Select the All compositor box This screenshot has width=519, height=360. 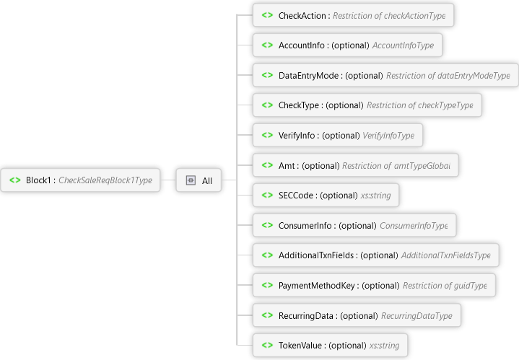tap(199, 180)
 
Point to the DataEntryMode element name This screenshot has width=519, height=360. tap(310, 75)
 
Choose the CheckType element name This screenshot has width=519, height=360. tap(300, 105)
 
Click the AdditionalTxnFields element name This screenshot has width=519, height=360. tap(318, 255)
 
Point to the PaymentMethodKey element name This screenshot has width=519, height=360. tap(318, 286)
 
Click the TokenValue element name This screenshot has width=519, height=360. tap(301, 346)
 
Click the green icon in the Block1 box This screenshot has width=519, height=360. tap(15, 180)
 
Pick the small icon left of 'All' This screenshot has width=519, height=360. tap(191, 180)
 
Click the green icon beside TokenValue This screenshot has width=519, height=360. tap(267, 346)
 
